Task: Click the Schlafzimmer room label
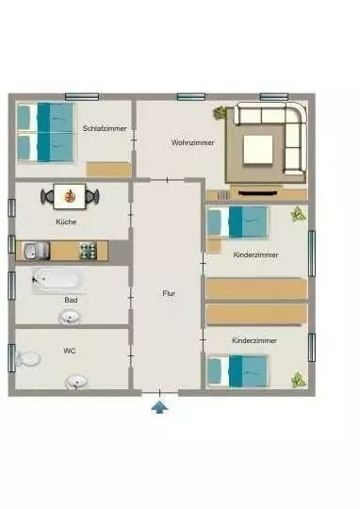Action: click(105, 128)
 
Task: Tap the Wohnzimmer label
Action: click(193, 142)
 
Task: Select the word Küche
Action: click(66, 222)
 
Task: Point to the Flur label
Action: click(169, 293)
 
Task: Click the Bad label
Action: click(71, 300)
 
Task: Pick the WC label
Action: click(69, 351)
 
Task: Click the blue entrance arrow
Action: click(159, 407)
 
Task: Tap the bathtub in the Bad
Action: click(57, 280)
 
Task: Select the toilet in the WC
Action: click(28, 358)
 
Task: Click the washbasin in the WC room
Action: click(76, 383)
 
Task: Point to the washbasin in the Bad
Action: click(70, 318)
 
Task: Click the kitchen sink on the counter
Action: click(36, 251)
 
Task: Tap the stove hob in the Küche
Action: click(89, 251)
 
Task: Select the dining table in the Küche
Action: click(70, 196)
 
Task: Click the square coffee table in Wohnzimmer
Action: click(258, 149)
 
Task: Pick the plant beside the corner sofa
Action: click(220, 113)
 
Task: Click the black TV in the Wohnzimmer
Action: click(257, 193)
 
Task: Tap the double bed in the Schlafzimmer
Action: click(45, 132)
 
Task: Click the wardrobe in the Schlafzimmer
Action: click(108, 169)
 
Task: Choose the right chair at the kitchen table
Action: click(92, 196)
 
